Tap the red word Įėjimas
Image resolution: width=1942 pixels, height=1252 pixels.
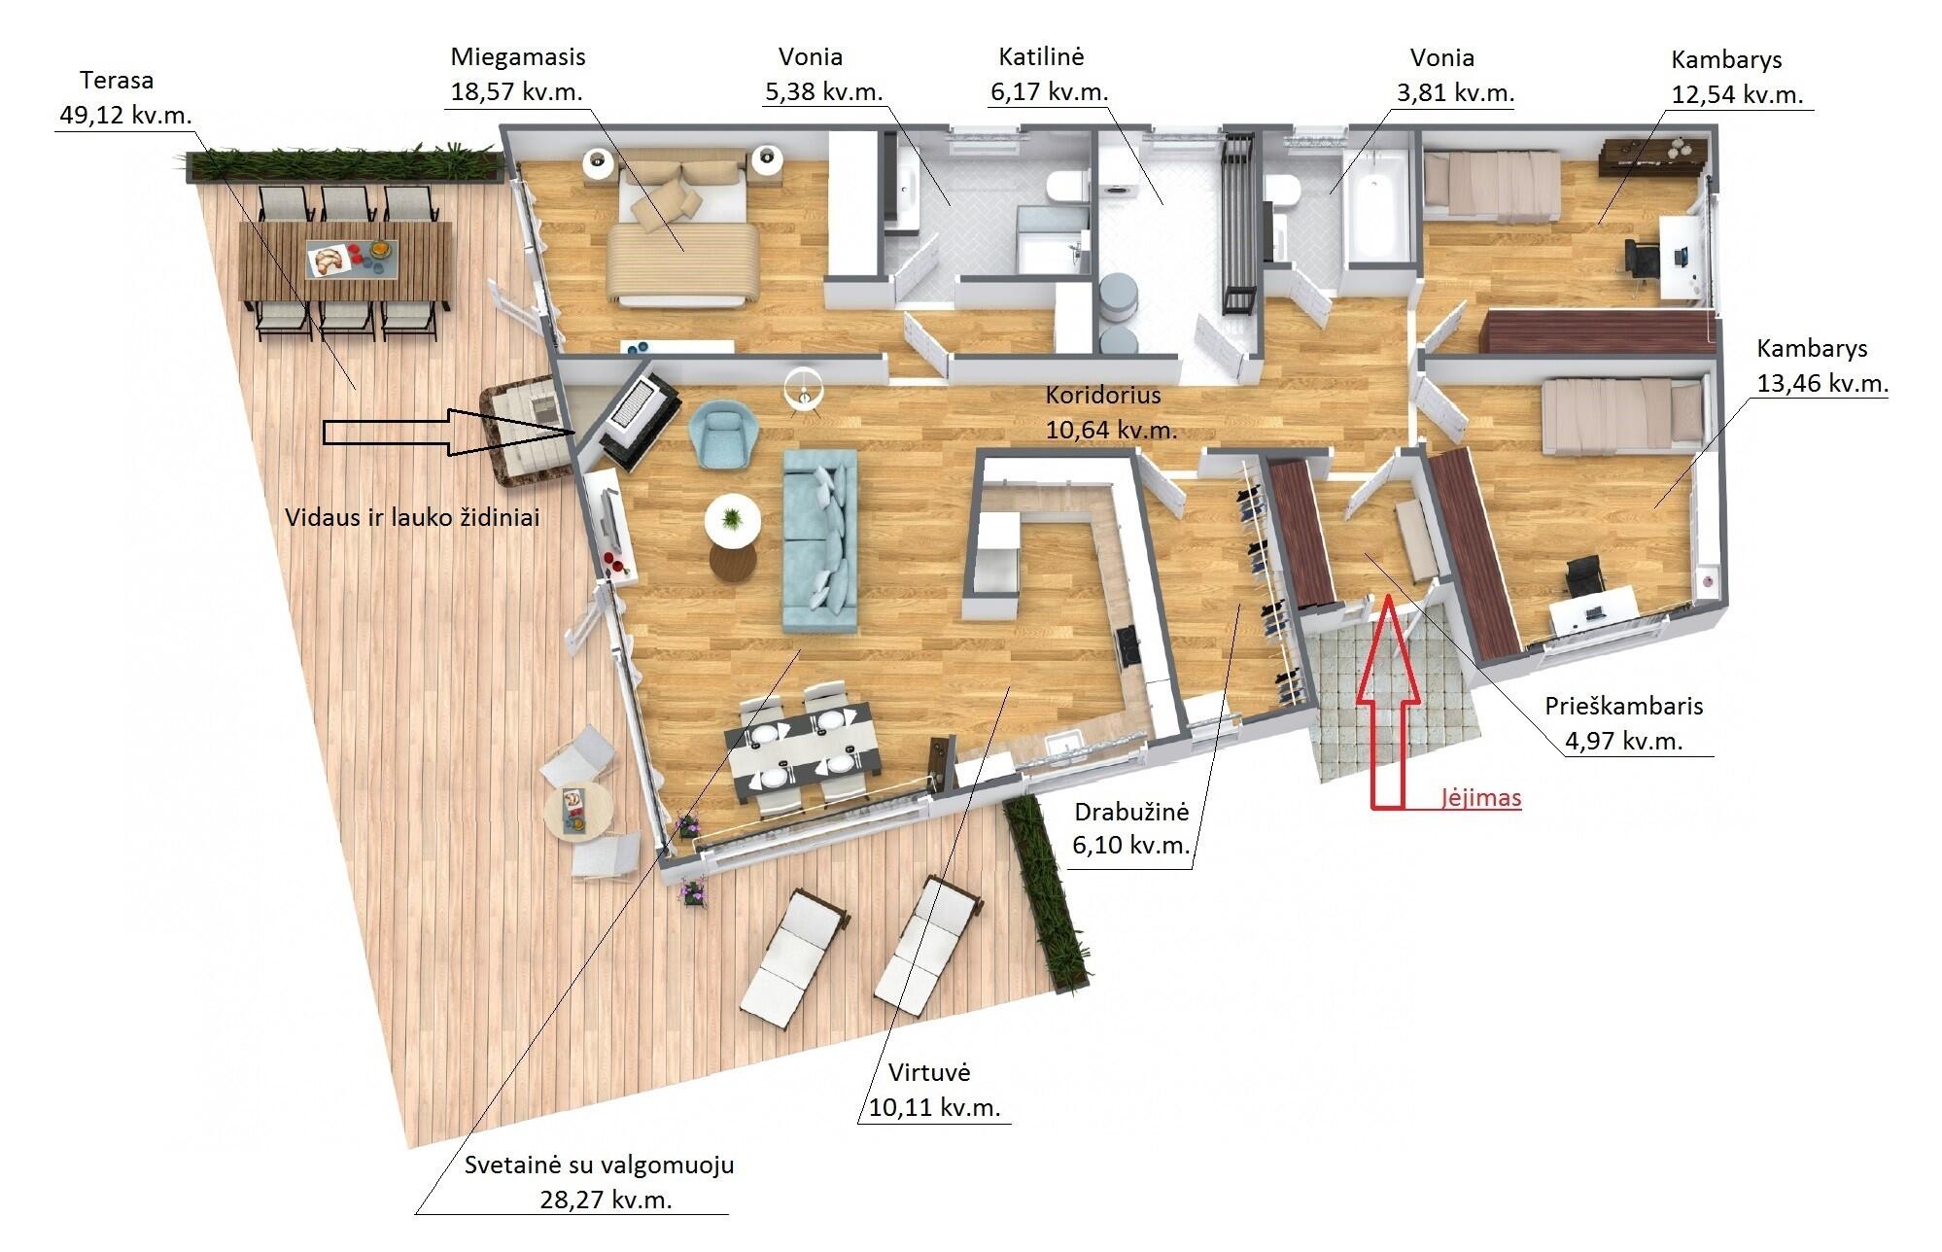(1480, 798)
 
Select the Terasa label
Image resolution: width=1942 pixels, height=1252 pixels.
(117, 80)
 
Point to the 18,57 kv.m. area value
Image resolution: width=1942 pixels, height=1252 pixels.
(517, 92)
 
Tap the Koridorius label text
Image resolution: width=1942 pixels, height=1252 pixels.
(1103, 396)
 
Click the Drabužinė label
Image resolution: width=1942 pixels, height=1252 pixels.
(1131, 812)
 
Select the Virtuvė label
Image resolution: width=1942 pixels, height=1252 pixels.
(930, 1073)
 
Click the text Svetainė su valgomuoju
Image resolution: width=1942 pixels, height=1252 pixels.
(600, 1165)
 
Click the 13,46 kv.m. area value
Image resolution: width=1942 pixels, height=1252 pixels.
(1822, 383)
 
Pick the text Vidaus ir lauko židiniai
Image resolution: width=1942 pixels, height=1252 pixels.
(412, 517)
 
